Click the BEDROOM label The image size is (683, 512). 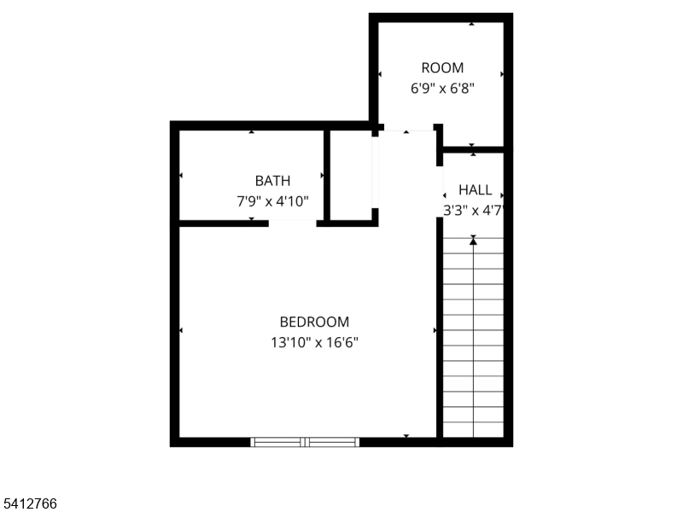pos(314,322)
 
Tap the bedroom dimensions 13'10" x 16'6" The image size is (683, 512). pos(314,342)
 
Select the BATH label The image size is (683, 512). pos(272,181)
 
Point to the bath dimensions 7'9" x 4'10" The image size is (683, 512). pos(272,201)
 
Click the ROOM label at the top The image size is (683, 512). pos(442,67)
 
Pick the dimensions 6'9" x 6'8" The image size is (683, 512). pos(442,87)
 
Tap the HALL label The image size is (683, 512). pos(475,189)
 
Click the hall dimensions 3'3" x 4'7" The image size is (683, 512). pos(473,209)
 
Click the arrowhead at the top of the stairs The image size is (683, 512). pos(473,241)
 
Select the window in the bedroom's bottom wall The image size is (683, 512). pos(305,442)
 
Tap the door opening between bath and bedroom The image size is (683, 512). pos(292,224)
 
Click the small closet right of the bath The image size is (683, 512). pos(350,175)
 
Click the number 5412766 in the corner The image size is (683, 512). pos(29,504)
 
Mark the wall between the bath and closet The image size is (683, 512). pos(326,175)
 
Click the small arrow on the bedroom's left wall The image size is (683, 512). pos(181,329)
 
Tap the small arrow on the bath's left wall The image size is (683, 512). pos(181,176)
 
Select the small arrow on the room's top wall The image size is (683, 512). pos(471,24)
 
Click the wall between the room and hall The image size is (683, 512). pos(473,149)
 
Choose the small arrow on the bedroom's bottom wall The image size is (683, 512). pos(406,436)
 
